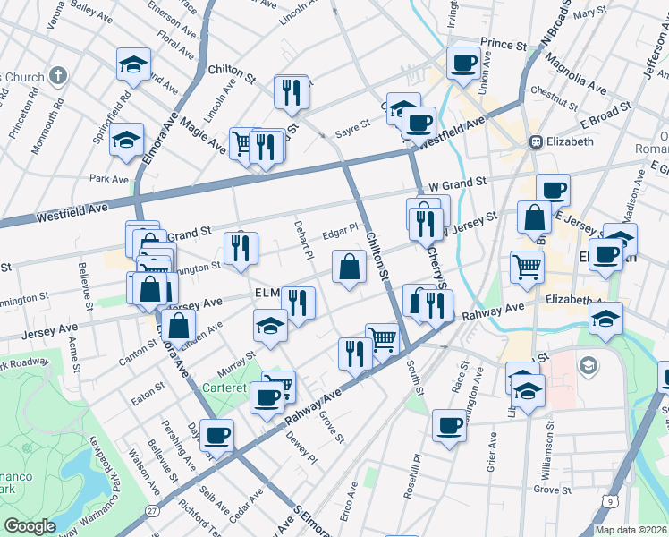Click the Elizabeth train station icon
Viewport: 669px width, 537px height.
(537, 141)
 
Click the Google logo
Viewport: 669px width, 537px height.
(30, 525)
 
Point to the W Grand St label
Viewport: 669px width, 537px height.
(457, 182)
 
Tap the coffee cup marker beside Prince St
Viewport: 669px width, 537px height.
(464, 64)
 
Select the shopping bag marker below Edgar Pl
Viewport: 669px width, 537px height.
(349, 267)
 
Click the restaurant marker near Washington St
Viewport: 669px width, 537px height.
(240, 250)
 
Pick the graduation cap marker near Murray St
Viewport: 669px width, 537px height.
(270, 326)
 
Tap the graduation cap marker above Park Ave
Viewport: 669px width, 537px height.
(128, 140)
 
